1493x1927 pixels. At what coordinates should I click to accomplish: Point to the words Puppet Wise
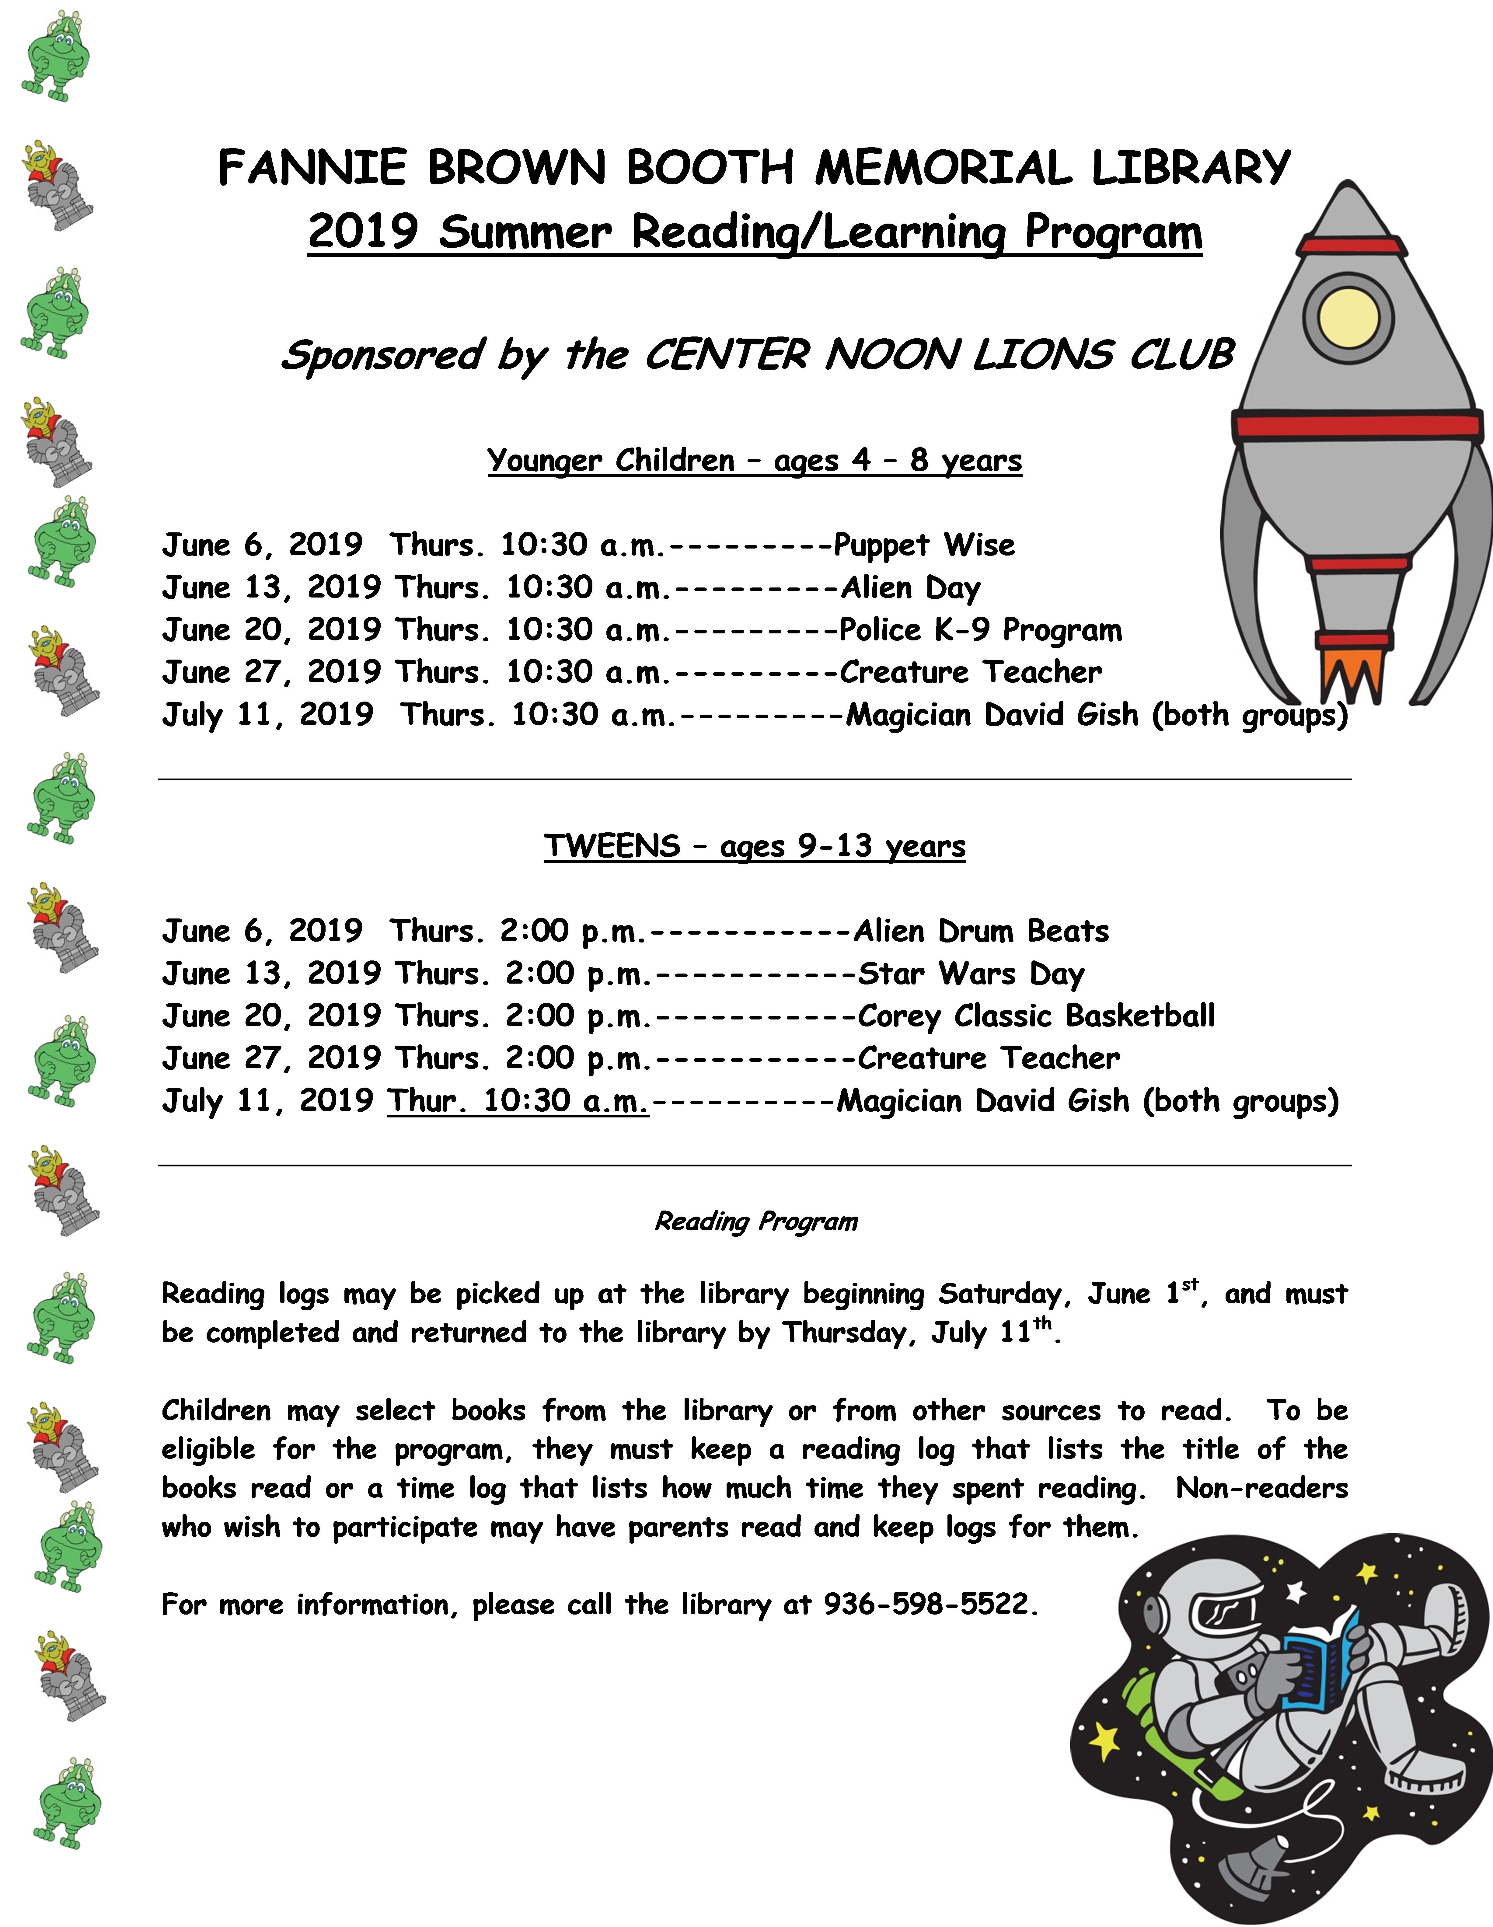924,545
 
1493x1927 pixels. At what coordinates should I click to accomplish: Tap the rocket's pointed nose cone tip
1347,187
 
